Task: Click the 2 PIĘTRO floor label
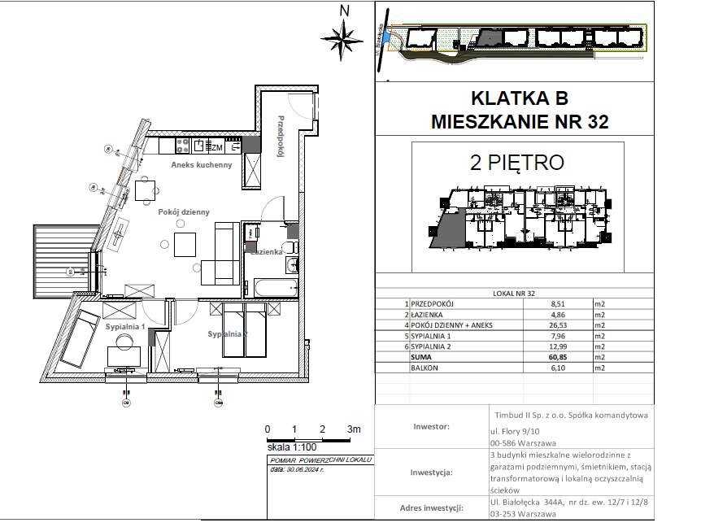pos(517,162)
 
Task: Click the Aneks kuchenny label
pos(201,164)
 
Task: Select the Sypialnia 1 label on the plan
pos(124,326)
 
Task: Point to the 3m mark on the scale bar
pos(352,429)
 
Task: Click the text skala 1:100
pos(291,447)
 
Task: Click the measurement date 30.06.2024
pos(304,468)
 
